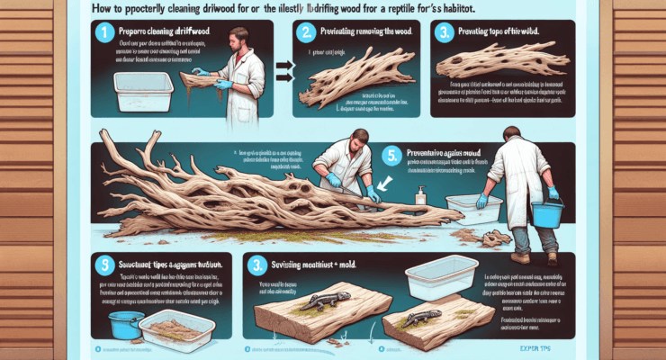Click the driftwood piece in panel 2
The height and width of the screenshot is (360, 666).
tap(358, 88)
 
